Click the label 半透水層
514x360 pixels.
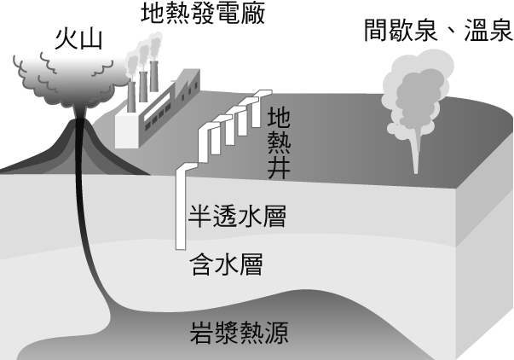pos(235,216)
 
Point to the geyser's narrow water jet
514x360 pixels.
pos(417,154)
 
